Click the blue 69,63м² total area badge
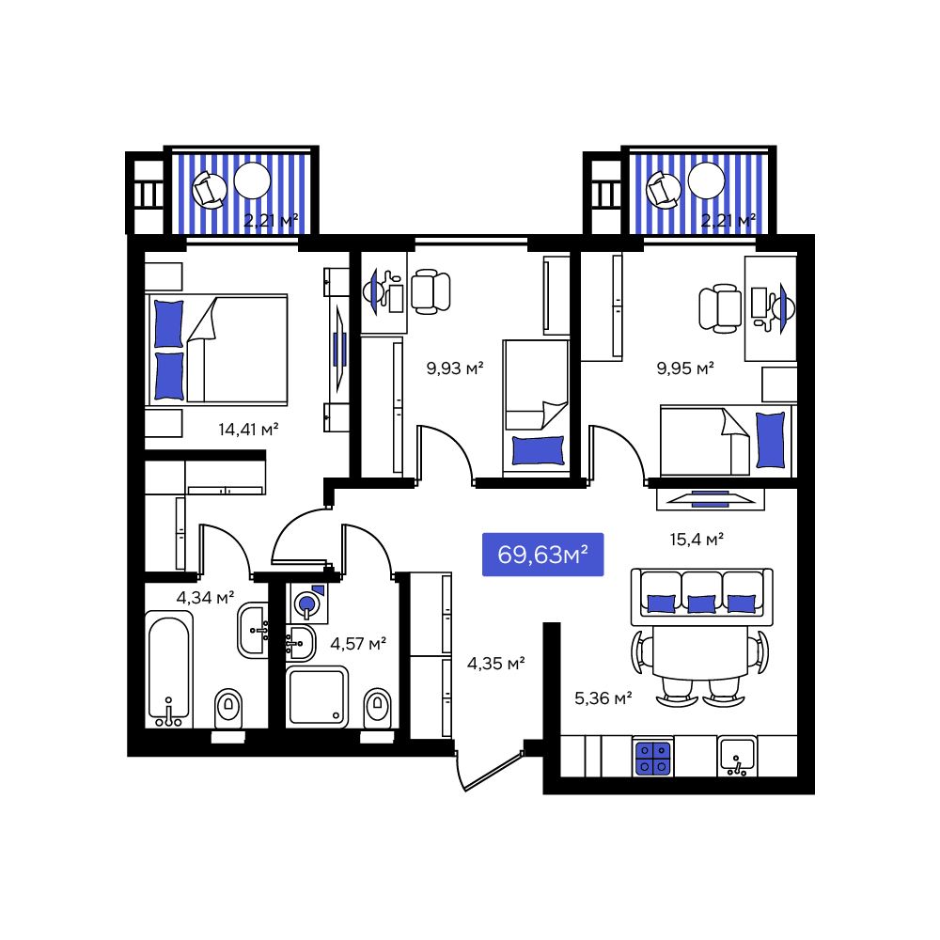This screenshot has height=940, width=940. (x=542, y=556)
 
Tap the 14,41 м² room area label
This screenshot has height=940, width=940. (x=249, y=430)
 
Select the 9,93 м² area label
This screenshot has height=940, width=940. (x=455, y=368)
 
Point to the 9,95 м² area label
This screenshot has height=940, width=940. (x=685, y=368)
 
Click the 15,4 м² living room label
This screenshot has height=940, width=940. (x=696, y=540)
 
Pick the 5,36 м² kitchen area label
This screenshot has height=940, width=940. (x=603, y=697)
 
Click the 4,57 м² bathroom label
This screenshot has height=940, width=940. (x=358, y=644)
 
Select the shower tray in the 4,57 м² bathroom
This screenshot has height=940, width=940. (x=318, y=697)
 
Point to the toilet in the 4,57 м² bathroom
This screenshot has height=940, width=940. (x=378, y=706)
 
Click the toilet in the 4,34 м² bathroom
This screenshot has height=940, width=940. (x=228, y=708)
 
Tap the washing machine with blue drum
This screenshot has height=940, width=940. (x=307, y=603)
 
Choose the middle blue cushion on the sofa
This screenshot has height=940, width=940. (x=701, y=603)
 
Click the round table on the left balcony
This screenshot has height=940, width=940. (x=252, y=180)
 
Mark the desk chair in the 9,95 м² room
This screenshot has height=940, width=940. (x=718, y=307)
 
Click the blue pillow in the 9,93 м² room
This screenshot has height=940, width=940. (x=539, y=450)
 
